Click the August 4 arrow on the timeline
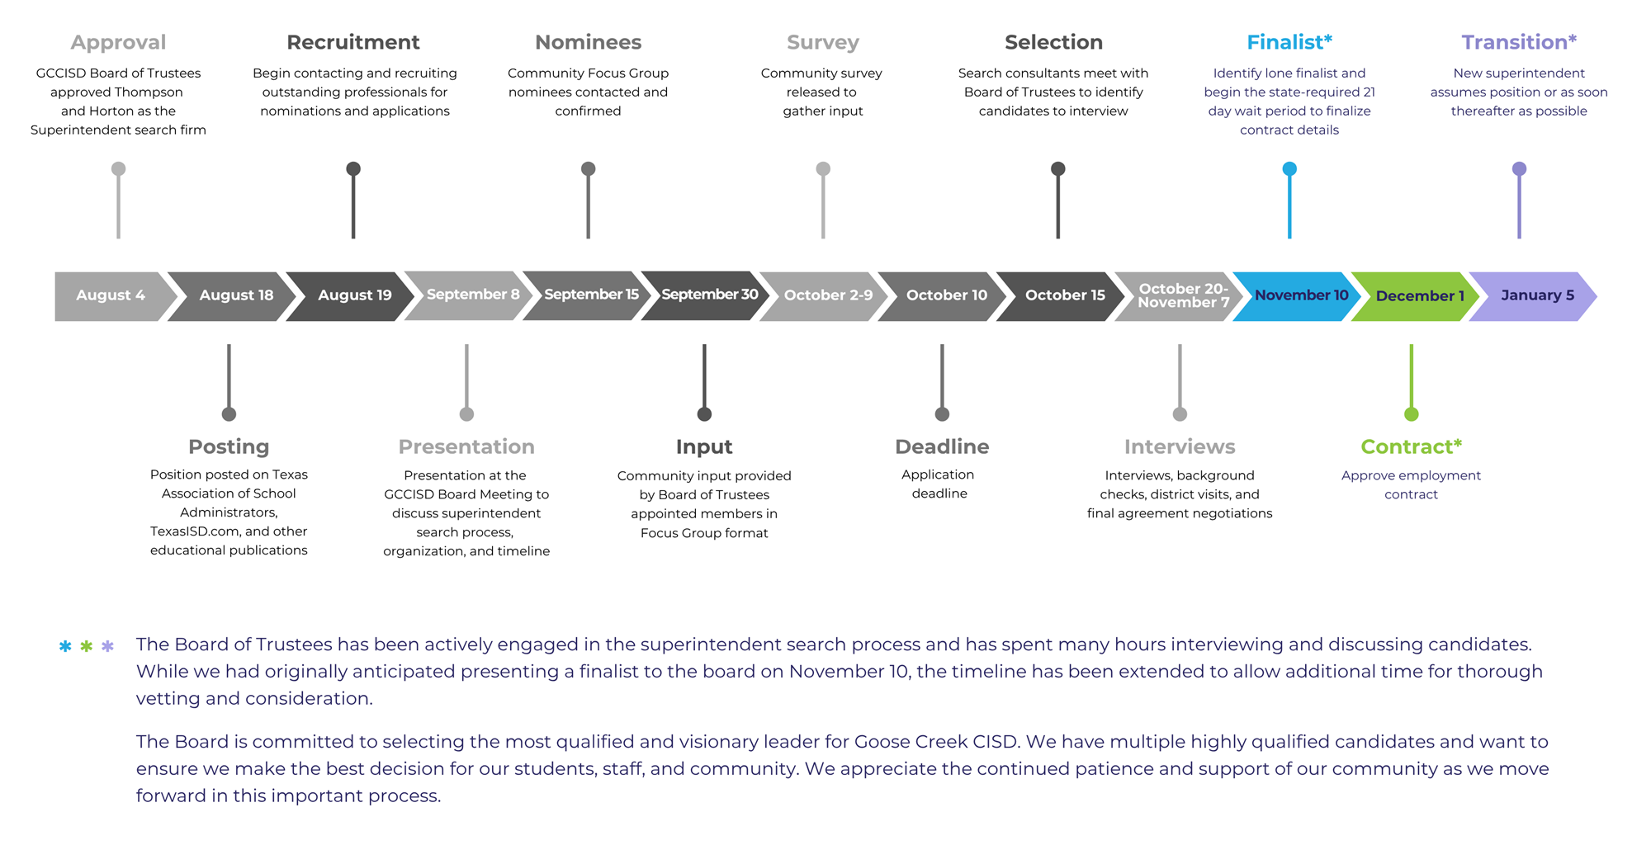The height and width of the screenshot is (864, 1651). click(111, 295)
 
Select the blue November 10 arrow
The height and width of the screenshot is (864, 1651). click(1301, 295)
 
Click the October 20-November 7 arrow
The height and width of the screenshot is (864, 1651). click(1182, 295)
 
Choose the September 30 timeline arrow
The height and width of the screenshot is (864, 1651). click(708, 295)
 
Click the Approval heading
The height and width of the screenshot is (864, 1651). click(118, 42)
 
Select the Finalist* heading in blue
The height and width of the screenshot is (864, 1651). click(1289, 42)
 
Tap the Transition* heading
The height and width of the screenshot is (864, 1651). click(1518, 42)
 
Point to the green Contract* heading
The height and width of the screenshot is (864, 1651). click(1411, 446)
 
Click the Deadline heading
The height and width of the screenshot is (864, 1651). click(942, 446)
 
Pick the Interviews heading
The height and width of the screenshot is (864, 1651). click(1180, 446)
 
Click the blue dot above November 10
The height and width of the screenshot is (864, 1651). click(1289, 169)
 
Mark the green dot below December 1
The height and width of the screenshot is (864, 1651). click(1412, 414)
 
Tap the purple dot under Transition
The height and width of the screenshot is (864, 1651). click(1519, 169)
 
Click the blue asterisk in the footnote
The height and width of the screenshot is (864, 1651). click(65, 647)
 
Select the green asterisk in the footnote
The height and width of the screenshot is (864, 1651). click(87, 647)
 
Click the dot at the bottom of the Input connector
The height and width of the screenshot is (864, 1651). click(704, 414)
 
